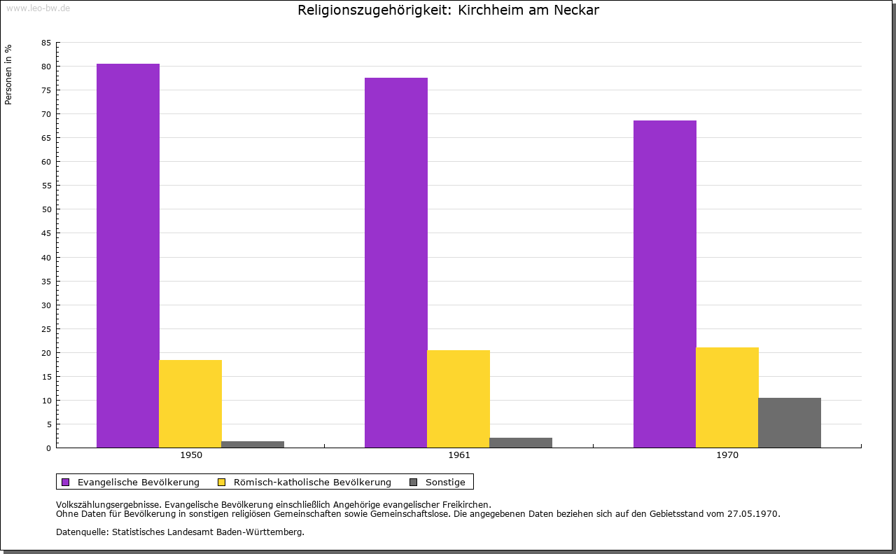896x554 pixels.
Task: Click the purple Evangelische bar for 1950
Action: (128, 256)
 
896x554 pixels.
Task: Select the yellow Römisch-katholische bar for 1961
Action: (458, 399)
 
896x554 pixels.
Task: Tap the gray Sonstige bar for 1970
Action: (790, 422)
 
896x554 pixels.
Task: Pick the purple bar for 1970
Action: (665, 284)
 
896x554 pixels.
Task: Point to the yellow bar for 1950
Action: (190, 403)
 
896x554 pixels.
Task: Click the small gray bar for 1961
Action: (521, 443)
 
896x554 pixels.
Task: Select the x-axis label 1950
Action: (191, 455)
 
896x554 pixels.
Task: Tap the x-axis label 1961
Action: (459, 455)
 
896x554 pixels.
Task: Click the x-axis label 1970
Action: (727, 455)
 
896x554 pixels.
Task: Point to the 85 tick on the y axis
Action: (45, 43)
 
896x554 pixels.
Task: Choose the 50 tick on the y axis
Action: (45, 209)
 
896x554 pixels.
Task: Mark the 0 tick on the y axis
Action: (48, 448)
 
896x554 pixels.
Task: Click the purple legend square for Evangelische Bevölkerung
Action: (66, 482)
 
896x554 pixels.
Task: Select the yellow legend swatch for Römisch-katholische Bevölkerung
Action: (222, 482)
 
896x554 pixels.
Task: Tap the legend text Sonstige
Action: (445, 482)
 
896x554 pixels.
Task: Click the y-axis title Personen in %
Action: (8, 74)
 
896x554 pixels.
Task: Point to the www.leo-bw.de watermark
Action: (37, 7)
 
